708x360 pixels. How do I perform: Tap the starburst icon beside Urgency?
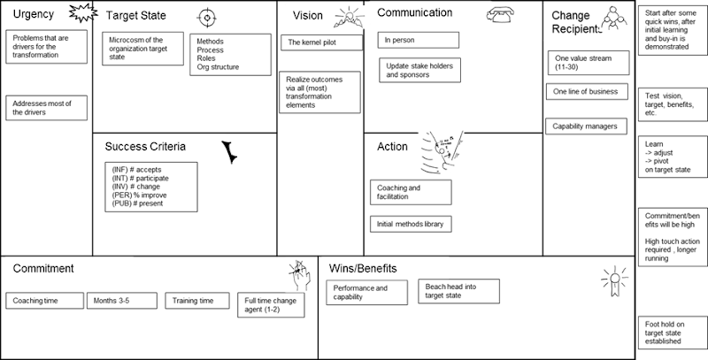point(80,15)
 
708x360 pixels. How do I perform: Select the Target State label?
point(135,16)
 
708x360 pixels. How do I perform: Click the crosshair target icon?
point(207,17)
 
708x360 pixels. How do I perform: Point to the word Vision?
point(308,16)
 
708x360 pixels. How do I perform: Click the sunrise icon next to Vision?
point(348,18)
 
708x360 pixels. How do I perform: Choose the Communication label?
point(414,13)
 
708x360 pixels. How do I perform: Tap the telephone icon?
point(498,14)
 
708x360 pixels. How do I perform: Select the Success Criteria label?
point(145,147)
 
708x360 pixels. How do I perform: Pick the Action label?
point(392,147)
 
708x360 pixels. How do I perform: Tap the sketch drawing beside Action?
point(441,152)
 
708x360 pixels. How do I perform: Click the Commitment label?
point(43,268)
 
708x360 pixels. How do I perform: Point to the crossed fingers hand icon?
point(300,275)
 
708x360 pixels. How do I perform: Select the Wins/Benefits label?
point(363,268)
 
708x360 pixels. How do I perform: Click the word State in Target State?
point(151,16)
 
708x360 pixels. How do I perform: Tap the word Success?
point(125,147)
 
